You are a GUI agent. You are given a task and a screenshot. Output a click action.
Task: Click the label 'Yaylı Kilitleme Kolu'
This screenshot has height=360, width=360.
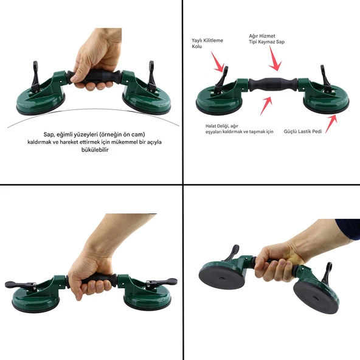[x=207, y=43]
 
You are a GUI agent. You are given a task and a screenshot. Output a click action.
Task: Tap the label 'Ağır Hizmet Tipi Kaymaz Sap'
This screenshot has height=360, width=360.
[x=266, y=39]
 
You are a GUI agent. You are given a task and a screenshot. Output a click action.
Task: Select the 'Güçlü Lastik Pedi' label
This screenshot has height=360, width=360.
[x=303, y=131]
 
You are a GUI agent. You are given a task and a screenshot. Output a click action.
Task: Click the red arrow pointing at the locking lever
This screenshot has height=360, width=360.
[x=217, y=62]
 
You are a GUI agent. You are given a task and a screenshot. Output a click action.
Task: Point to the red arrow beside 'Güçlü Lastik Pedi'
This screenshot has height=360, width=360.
[x=331, y=123]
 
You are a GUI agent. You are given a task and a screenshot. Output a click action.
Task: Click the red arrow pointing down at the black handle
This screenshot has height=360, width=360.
[x=275, y=58]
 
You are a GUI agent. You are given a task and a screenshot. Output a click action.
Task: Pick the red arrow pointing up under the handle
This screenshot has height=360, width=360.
[x=266, y=105]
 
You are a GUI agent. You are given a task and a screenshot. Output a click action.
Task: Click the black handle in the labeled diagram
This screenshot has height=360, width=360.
[x=273, y=85]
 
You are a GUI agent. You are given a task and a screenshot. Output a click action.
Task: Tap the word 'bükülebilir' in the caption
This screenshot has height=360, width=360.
[x=95, y=150]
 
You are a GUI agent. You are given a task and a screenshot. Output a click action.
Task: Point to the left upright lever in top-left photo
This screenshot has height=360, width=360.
[x=35, y=77]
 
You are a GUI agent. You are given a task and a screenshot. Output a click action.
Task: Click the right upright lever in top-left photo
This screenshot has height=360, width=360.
[x=151, y=76]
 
